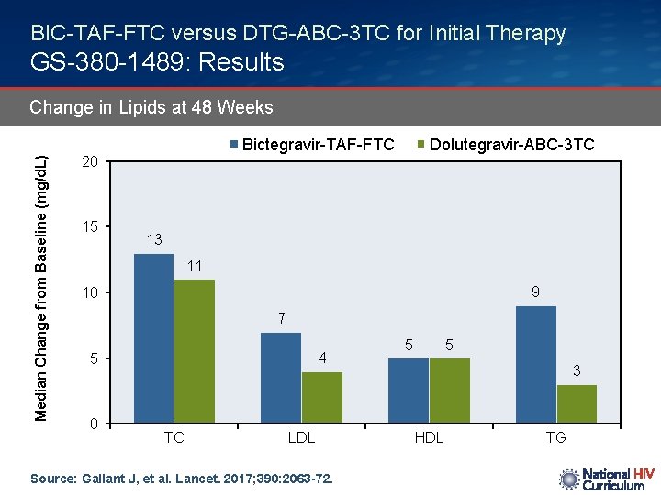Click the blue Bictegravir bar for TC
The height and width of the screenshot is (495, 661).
[153, 338]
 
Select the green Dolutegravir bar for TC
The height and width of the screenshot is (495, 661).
[194, 351]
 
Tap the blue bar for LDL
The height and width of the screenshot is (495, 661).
[281, 378]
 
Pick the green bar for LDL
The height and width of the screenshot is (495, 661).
[321, 397]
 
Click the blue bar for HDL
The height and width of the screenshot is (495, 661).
[409, 390]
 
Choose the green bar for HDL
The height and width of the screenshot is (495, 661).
[449, 390]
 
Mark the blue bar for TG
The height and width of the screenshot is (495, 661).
[536, 365]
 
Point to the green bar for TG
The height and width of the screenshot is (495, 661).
[577, 403]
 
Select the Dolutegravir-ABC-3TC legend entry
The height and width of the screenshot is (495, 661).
[506, 145]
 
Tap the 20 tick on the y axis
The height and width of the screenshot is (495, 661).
[89, 162]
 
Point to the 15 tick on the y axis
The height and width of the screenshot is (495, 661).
[89, 227]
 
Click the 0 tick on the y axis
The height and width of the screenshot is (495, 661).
[94, 423]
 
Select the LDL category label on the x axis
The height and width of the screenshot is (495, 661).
[301, 438]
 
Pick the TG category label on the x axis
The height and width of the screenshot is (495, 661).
[556, 438]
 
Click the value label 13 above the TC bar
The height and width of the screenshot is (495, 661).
[153, 240]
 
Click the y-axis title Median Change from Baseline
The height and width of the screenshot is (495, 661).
[41, 278]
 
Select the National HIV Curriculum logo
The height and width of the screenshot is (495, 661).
[606, 479]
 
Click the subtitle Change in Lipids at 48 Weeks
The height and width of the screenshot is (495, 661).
[151, 107]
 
